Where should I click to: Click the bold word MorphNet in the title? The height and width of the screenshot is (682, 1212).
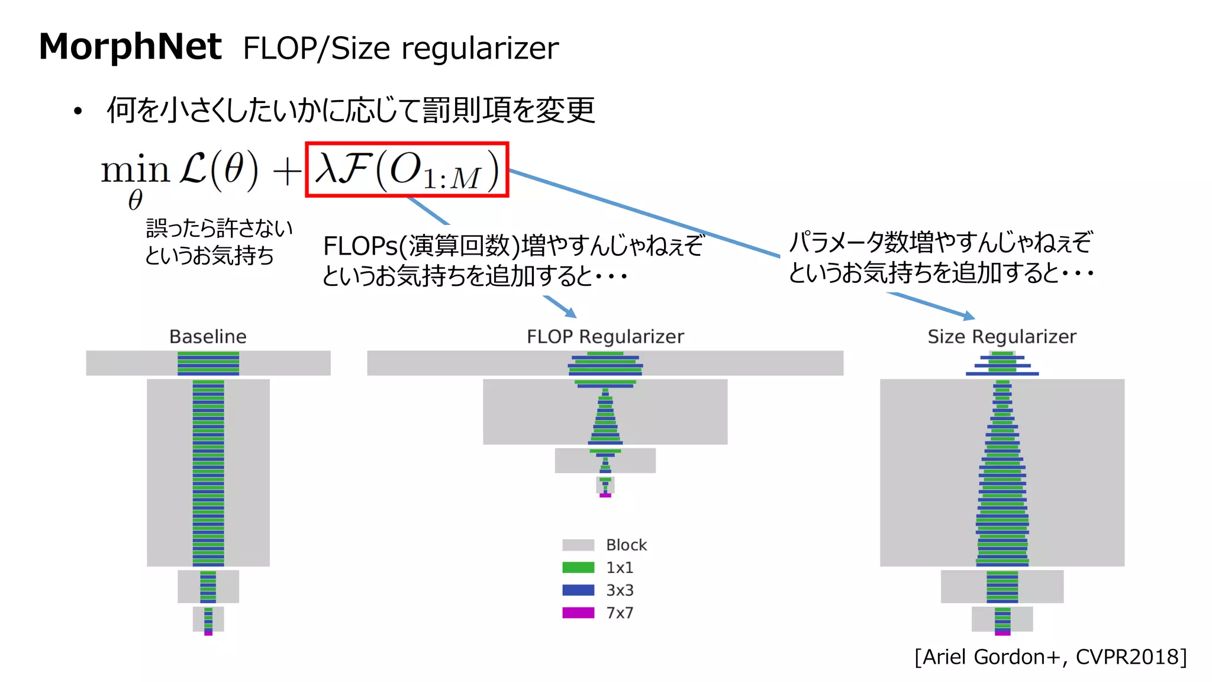click(130, 47)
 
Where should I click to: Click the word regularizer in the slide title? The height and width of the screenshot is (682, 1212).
click(480, 49)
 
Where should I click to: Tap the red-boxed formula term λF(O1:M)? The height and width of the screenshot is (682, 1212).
click(407, 170)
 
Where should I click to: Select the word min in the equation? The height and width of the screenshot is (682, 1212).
click(135, 170)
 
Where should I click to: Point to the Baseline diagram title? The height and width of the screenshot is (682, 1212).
click(208, 336)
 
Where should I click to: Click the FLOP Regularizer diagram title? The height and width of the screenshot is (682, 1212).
click(605, 336)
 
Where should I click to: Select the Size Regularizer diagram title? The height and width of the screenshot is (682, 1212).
click(1001, 336)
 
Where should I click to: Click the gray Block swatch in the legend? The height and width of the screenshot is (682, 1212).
click(578, 545)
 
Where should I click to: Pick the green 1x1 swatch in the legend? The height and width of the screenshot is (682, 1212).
click(578, 567)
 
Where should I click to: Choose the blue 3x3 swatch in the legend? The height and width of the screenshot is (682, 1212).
click(578, 590)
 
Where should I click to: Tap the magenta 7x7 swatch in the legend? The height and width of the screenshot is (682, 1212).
click(578, 613)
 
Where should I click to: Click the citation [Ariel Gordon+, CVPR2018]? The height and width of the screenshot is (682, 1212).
click(1050, 657)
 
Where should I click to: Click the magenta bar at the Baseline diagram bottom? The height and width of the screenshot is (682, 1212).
click(208, 633)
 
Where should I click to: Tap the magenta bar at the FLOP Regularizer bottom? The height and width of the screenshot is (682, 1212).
click(605, 495)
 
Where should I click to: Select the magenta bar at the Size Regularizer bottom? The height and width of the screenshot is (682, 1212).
click(1003, 633)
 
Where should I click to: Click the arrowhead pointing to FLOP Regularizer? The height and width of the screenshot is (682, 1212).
click(571, 313)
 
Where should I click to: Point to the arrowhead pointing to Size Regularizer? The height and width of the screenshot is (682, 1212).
click(968, 317)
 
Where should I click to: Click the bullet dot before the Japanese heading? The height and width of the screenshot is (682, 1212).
click(78, 111)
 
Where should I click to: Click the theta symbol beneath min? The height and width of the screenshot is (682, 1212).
click(136, 200)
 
